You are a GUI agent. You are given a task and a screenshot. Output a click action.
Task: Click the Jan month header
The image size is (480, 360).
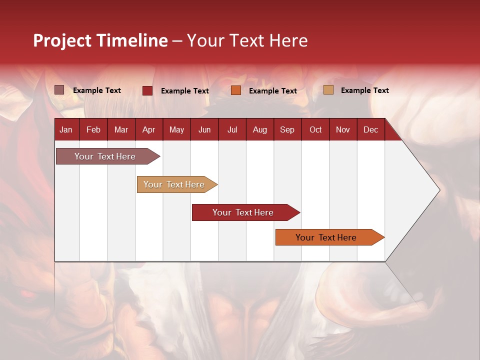(x=66, y=129)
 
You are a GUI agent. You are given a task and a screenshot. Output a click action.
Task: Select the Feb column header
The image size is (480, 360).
(x=93, y=129)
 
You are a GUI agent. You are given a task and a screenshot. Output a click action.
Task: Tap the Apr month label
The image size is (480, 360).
(x=148, y=129)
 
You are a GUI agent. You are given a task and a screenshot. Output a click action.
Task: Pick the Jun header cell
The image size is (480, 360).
(x=204, y=129)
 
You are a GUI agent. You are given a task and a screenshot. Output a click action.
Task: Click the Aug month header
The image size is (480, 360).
(x=259, y=129)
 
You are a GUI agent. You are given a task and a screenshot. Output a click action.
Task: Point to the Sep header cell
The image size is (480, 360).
(x=287, y=129)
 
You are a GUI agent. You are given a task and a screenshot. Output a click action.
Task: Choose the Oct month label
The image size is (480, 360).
(x=315, y=129)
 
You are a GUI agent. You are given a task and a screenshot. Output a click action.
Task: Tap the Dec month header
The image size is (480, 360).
(x=370, y=129)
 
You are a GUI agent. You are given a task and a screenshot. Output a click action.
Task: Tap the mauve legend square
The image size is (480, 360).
(x=59, y=90)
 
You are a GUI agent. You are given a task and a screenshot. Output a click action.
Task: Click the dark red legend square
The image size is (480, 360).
(x=147, y=90)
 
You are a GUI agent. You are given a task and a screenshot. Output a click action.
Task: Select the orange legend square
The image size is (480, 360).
(x=236, y=90)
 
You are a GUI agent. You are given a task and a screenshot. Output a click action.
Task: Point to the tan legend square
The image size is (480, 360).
(x=328, y=90)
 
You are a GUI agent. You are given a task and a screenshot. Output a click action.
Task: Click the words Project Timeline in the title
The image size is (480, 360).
(x=100, y=40)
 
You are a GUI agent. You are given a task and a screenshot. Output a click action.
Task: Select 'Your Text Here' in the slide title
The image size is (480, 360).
(x=247, y=40)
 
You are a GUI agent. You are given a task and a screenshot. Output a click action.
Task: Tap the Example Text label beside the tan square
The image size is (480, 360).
(x=364, y=90)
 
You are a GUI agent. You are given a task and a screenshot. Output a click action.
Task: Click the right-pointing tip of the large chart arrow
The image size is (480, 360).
(x=437, y=190)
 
